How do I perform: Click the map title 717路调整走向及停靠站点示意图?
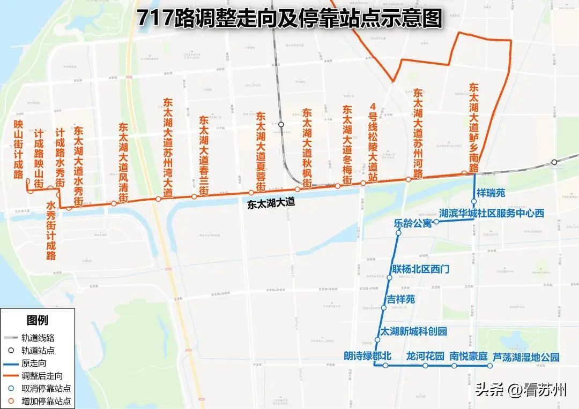click(289, 19)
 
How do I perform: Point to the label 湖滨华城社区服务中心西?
click(491, 213)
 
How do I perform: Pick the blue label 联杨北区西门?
click(421, 269)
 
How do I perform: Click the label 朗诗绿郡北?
click(368, 356)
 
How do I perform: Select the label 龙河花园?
click(425, 356)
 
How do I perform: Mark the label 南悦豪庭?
click(468, 356)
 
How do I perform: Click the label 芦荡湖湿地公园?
click(525, 356)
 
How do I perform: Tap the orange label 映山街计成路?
click(19, 150)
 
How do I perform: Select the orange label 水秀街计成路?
click(51, 230)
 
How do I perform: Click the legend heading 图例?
click(38, 320)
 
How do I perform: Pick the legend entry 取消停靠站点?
click(47, 388)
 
